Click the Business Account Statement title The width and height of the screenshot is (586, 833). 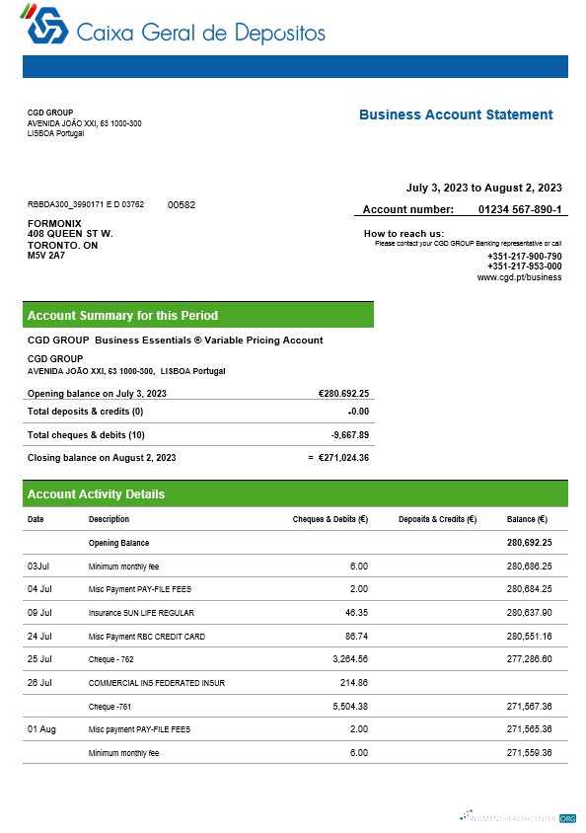[x=455, y=114]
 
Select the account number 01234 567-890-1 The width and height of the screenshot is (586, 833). [x=520, y=209]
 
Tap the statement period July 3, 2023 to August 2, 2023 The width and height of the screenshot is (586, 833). [x=483, y=188]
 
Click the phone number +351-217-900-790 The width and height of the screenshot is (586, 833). [x=524, y=257]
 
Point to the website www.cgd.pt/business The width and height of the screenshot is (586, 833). [x=519, y=277]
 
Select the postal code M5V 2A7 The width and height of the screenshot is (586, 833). [x=45, y=256]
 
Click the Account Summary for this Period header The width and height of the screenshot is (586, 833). [x=122, y=316]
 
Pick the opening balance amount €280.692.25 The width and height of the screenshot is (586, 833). [x=343, y=393]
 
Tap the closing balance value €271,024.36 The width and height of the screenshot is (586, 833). [x=343, y=457]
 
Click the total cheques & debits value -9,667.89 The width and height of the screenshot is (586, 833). [x=349, y=434]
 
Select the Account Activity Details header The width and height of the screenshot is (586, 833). [x=96, y=494]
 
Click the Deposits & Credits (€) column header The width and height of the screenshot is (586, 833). [x=437, y=519]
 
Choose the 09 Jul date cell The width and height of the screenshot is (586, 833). [x=39, y=613]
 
